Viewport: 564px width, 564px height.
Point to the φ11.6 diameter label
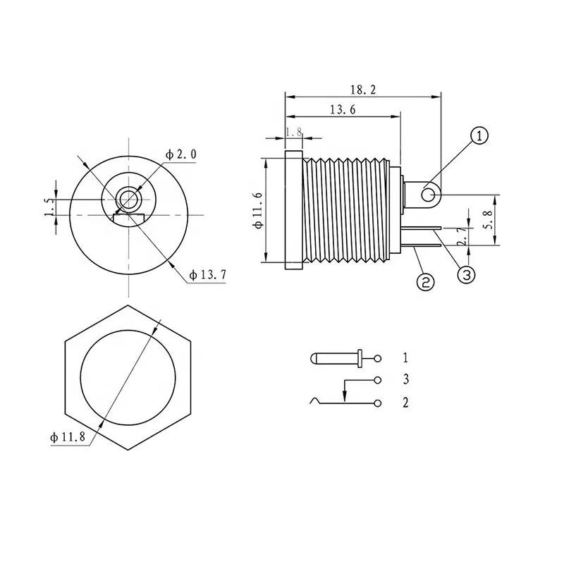(257, 210)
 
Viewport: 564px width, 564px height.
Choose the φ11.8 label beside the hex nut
(68, 437)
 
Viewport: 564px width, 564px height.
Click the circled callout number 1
(479, 136)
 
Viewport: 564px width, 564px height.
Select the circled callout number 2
(425, 281)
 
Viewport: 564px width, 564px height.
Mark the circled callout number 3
(467, 274)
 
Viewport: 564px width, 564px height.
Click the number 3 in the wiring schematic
(405, 380)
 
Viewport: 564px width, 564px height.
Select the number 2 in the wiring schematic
(405, 403)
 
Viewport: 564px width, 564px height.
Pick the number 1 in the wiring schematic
(405, 357)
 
